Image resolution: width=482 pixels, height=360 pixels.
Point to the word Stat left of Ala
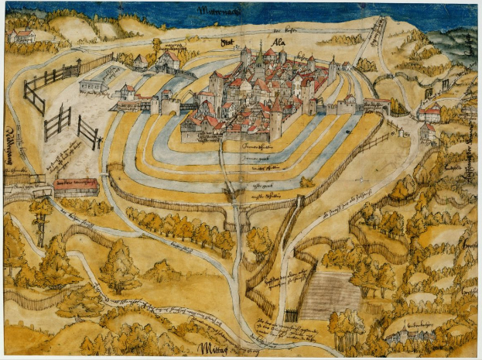227,43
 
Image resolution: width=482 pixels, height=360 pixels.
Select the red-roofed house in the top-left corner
24,36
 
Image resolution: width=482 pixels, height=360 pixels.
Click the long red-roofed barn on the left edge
76,187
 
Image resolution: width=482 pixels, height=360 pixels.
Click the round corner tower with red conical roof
277,116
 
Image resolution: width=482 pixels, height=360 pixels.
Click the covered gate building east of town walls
377,105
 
